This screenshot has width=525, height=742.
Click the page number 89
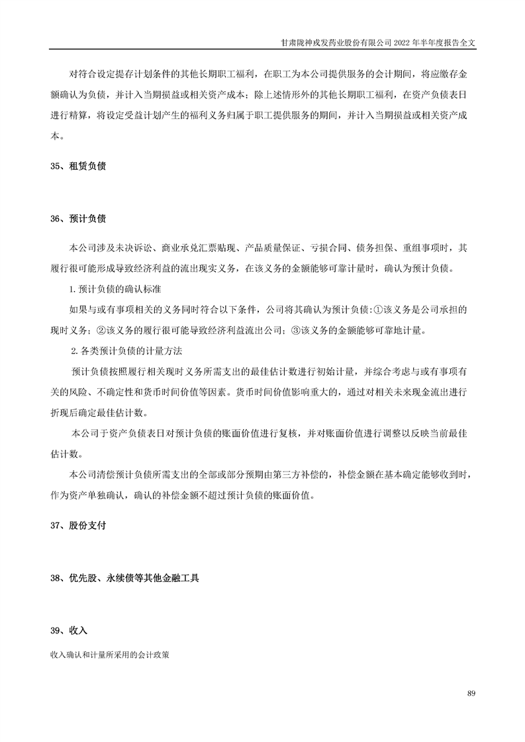coord(471,693)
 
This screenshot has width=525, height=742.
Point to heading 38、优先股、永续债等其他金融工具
coord(124,578)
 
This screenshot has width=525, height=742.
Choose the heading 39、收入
coord(68,630)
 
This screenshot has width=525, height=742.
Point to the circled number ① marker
coord(378,309)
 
